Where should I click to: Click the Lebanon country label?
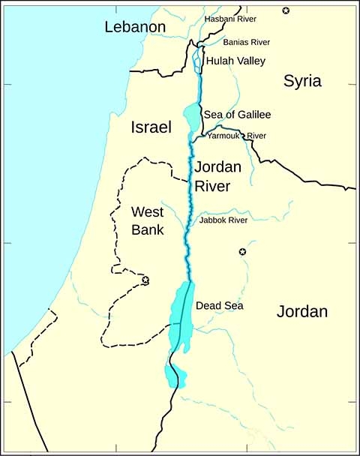click(135, 28)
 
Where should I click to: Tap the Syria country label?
click(302, 82)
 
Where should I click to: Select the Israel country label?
click(151, 127)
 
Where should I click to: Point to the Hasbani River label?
click(231, 17)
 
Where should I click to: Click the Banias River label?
click(247, 42)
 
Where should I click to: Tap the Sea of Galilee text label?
click(237, 115)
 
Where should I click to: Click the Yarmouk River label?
click(237, 136)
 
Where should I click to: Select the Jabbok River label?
click(223, 220)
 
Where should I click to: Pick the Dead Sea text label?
click(219, 306)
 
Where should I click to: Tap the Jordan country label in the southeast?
click(302, 311)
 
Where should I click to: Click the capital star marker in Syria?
click(285, 10)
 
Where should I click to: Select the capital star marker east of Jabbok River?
click(241, 252)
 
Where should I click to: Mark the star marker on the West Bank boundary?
click(145, 280)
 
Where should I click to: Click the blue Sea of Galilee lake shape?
click(192, 116)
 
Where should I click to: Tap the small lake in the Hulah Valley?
click(197, 59)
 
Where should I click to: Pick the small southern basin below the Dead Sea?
click(174, 373)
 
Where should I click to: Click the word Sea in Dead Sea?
click(232, 306)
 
